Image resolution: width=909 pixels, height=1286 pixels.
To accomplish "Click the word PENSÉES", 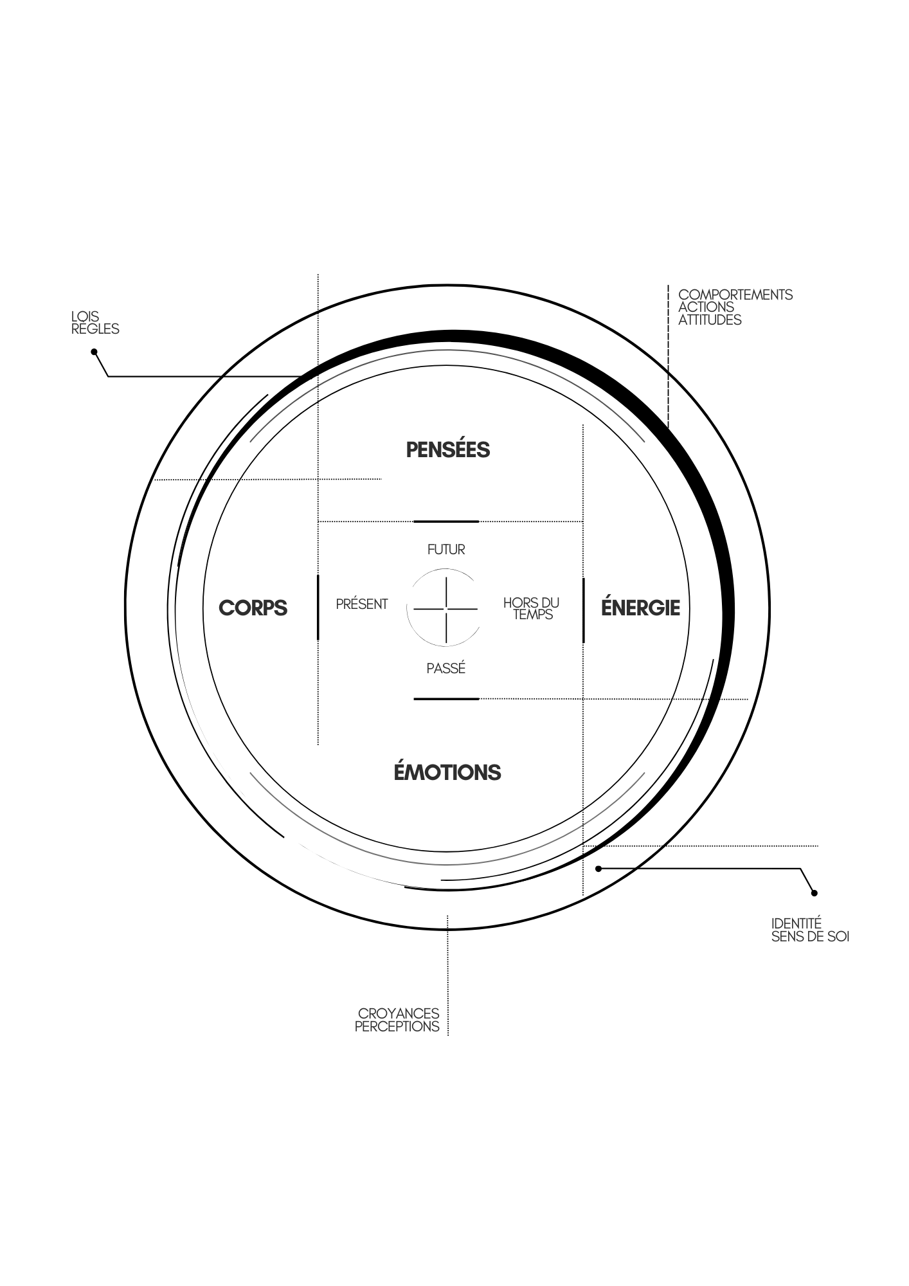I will pyautogui.click(x=447, y=449).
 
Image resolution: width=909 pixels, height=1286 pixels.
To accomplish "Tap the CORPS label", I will pyautogui.click(x=253, y=608).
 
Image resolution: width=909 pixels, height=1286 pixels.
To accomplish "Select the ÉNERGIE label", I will pyautogui.click(x=640, y=608).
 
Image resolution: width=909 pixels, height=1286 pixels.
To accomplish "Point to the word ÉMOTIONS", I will pyautogui.click(x=447, y=772).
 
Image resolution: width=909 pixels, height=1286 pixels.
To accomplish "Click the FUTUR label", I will pyautogui.click(x=446, y=550).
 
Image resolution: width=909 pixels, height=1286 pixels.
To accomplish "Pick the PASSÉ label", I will pyautogui.click(x=446, y=669).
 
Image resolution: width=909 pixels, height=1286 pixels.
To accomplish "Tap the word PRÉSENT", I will pyautogui.click(x=362, y=604).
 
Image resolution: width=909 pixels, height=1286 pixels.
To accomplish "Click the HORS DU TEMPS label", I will pyautogui.click(x=532, y=608).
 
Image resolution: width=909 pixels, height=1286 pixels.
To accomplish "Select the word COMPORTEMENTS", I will pyautogui.click(x=735, y=295).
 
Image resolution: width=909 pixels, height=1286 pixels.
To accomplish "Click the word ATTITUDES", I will pyautogui.click(x=710, y=320).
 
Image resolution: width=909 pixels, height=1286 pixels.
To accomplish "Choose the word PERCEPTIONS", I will pyautogui.click(x=397, y=1026).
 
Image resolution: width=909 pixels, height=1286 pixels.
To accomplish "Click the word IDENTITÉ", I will pyautogui.click(x=797, y=925).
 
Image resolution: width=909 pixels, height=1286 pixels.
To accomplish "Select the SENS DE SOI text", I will pyautogui.click(x=810, y=937).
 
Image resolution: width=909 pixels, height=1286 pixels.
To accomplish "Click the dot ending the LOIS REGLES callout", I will pyautogui.click(x=94, y=352).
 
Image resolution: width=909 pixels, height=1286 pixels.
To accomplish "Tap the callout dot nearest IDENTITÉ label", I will pyautogui.click(x=814, y=892).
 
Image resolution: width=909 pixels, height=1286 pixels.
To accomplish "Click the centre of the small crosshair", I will pyautogui.click(x=446, y=608).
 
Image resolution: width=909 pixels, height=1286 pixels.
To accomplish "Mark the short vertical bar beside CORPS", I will pyautogui.click(x=318, y=608).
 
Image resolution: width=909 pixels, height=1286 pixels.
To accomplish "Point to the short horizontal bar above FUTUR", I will pyautogui.click(x=446, y=521).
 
